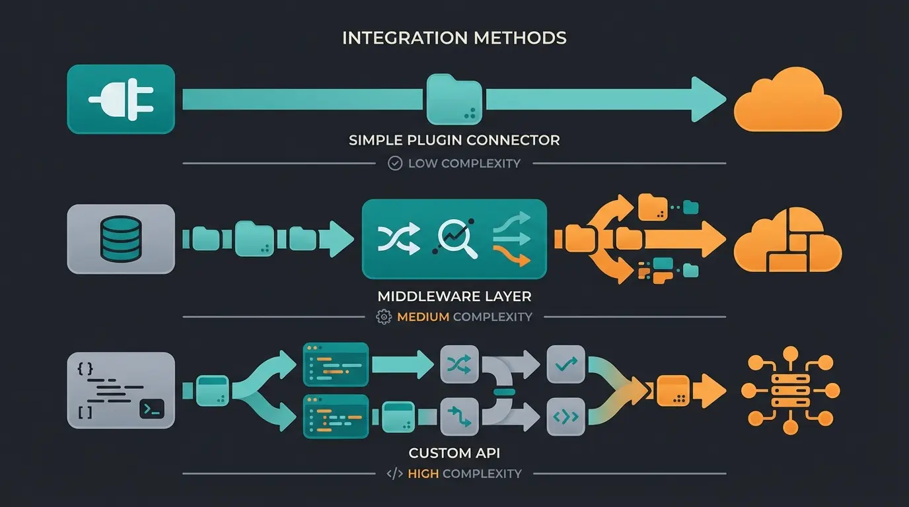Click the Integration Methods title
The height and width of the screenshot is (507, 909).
[454, 38]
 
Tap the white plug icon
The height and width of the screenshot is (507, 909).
[121, 99]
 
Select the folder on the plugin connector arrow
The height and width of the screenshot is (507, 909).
[454, 100]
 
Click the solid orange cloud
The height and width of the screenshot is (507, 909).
[787, 100]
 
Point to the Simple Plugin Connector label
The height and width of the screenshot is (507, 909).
[454, 140]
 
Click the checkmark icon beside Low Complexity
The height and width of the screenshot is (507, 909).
[395, 163]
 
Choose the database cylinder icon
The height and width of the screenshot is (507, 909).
[120, 238]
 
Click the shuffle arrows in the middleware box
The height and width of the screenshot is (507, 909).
[398, 238]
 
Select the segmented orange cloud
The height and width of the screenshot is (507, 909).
[787, 239]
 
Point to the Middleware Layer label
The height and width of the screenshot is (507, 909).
[454, 296]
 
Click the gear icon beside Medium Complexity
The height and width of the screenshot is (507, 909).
[383, 317]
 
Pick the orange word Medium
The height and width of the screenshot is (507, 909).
[423, 317]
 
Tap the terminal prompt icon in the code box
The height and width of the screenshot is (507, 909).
[152, 411]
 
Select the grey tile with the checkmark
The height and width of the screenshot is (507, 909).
[566, 364]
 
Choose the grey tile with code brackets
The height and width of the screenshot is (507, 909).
[566, 417]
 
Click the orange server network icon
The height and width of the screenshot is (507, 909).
[790, 390]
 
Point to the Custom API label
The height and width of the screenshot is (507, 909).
[454, 453]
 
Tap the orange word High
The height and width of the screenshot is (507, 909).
[423, 473]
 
